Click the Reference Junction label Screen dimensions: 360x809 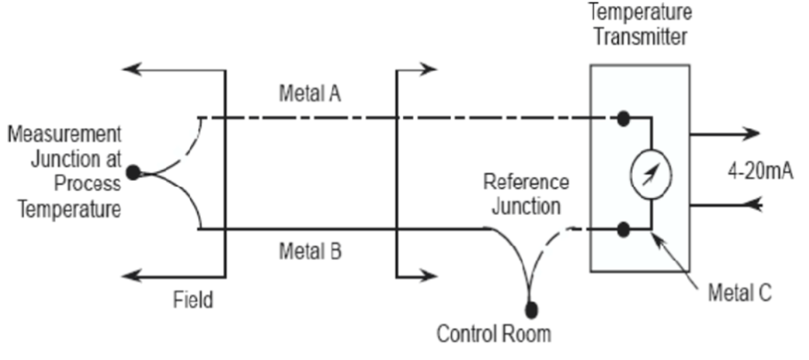click(x=526, y=192)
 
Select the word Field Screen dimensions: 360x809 click(x=193, y=300)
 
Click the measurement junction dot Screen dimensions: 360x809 click(x=133, y=173)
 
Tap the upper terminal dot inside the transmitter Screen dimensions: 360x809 click(x=622, y=118)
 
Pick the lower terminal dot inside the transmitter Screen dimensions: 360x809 click(x=622, y=229)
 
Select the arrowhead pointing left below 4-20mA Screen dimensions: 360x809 click(x=753, y=205)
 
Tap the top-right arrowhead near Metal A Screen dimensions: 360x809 click(x=431, y=68)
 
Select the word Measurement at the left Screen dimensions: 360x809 click(x=62, y=134)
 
